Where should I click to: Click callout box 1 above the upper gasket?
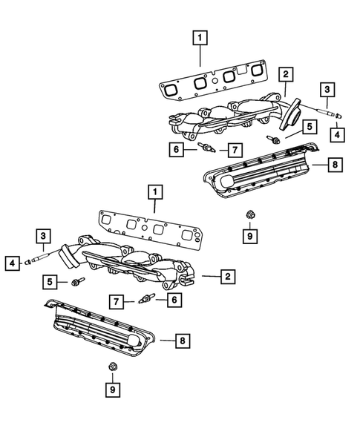(198, 36)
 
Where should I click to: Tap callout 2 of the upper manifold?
(284, 73)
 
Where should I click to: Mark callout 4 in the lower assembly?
(13, 262)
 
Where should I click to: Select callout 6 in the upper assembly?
(176, 150)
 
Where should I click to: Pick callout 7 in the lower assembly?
(117, 301)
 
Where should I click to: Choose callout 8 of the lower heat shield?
(180, 341)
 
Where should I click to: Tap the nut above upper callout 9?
(250, 214)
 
